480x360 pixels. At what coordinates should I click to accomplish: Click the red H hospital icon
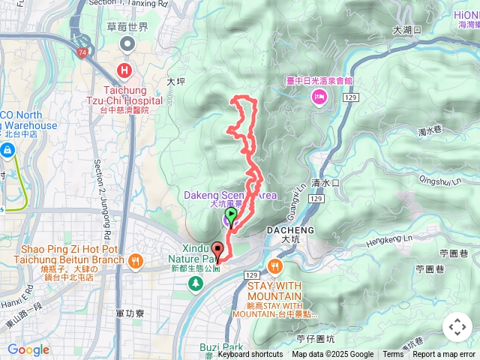tap(124, 71)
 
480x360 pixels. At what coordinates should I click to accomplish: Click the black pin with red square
tap(218, 250)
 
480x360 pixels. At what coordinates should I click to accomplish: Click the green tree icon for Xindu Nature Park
tap(196, 283)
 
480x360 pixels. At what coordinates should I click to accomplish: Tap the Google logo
tap(28, 350)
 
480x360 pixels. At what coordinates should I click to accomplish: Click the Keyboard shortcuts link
tap(250, 355)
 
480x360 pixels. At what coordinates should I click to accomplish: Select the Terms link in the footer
tap(393, 355)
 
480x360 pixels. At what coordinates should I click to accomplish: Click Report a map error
tap(444, 355)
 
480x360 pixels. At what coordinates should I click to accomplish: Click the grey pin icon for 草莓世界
tap(127, 45)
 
